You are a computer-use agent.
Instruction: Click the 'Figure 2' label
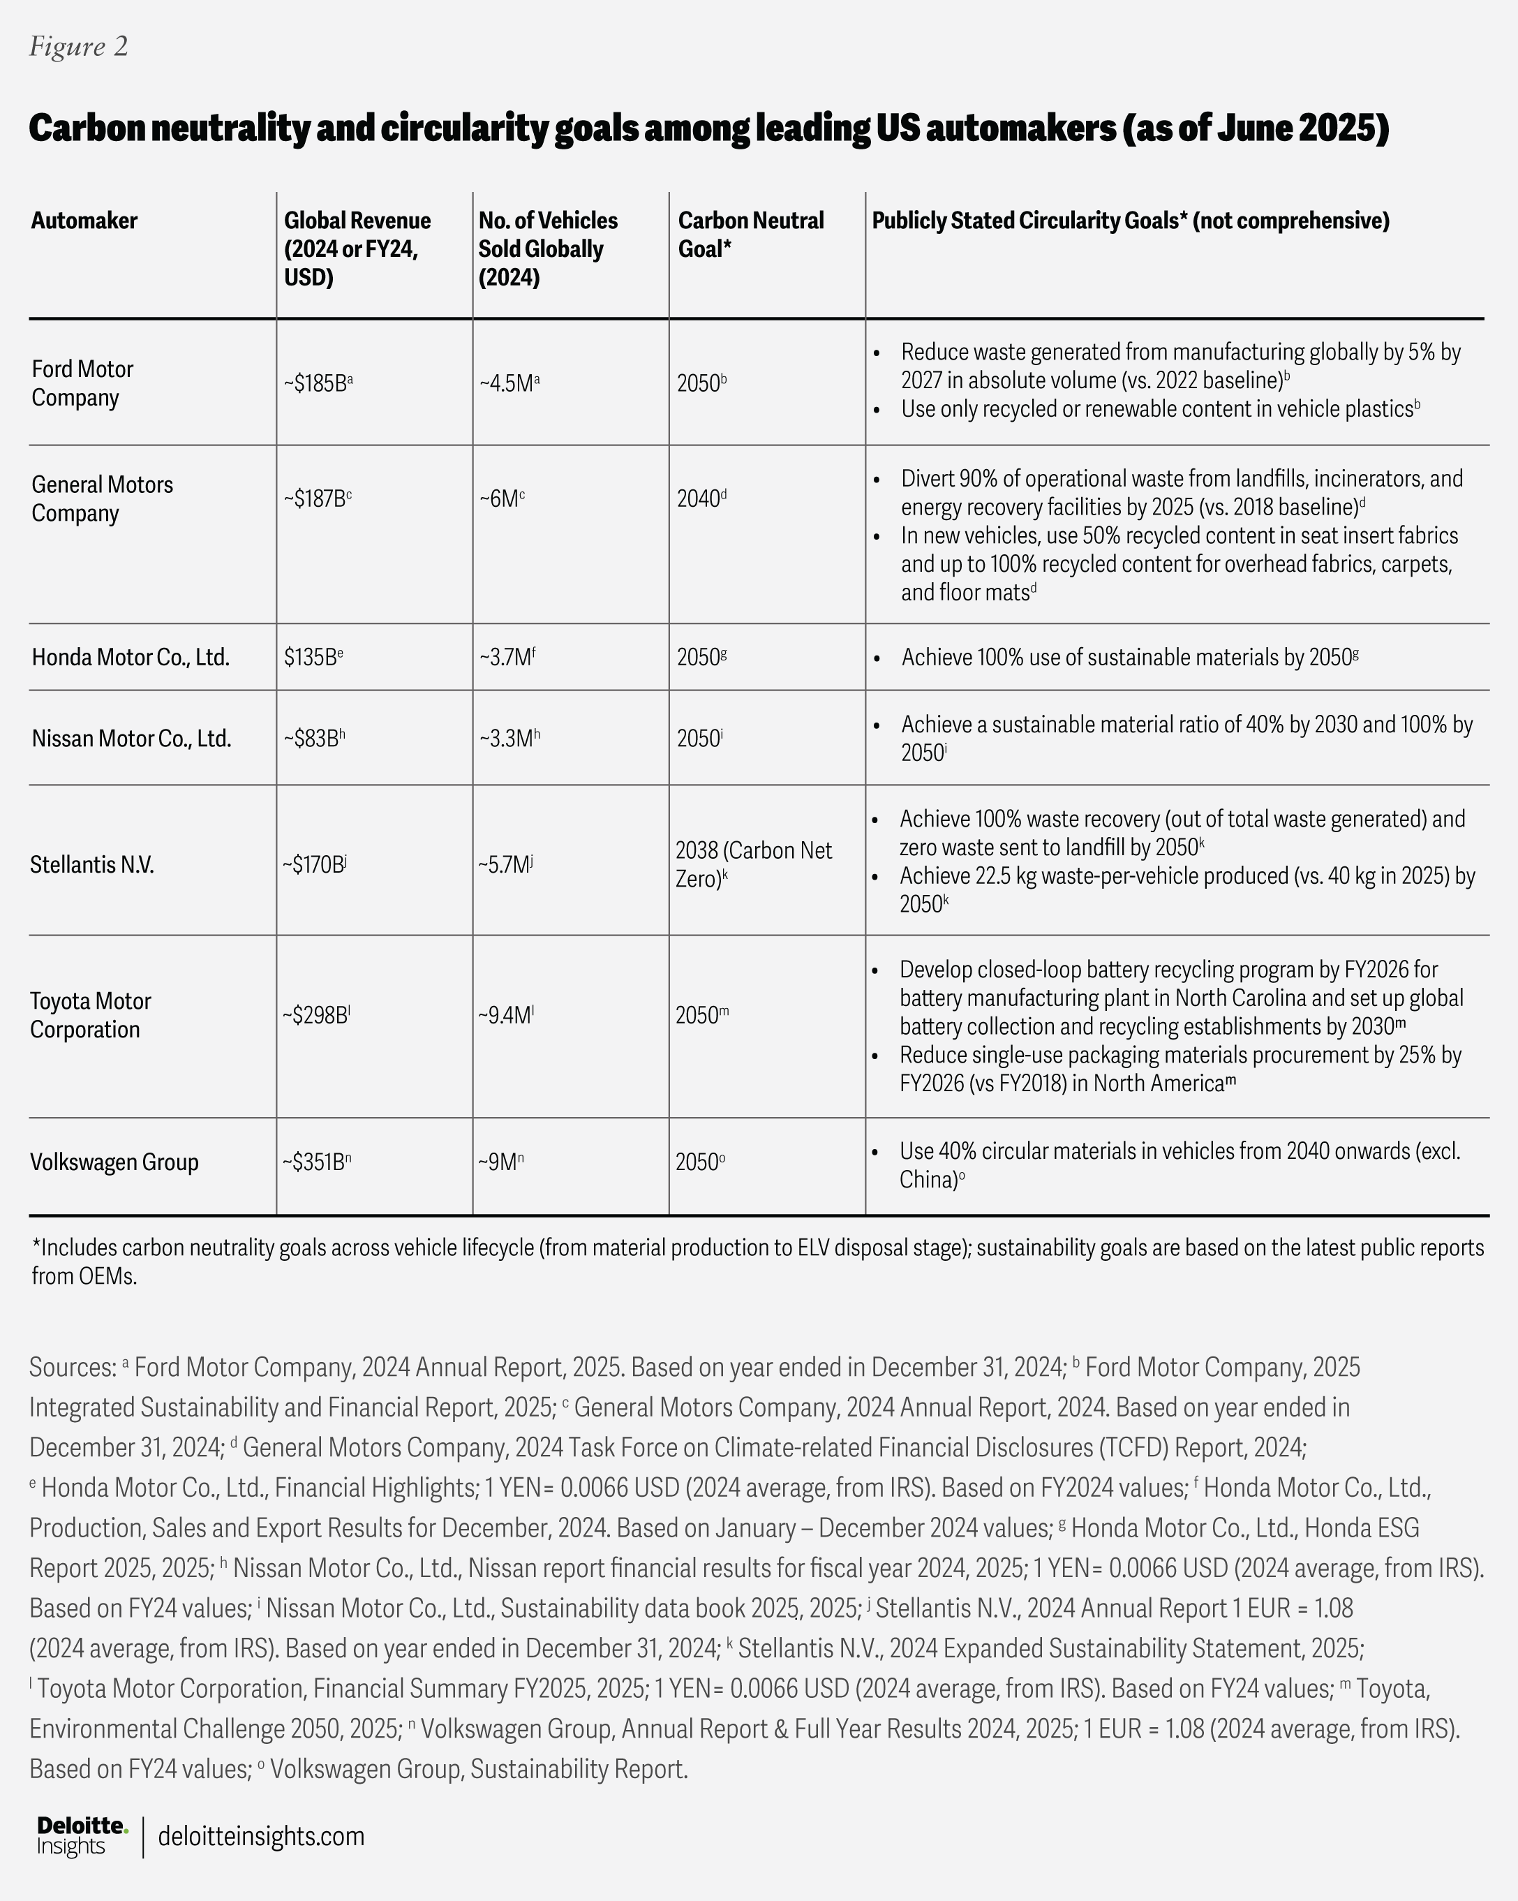(78, 47)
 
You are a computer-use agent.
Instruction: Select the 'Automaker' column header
(84, 221)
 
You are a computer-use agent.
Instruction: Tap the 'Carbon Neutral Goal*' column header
(750, 234)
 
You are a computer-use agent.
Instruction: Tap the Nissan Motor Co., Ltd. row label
(131, 738)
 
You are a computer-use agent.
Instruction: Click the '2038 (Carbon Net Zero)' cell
(754, 864)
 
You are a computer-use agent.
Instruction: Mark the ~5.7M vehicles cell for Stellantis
(506, 864)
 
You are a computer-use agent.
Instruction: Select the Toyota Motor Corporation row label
(90, 1015)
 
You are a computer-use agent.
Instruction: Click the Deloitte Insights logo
(82, 1836)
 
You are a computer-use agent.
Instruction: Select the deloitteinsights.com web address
(261, 1837)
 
